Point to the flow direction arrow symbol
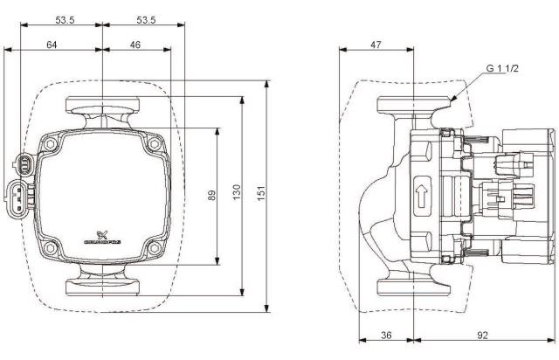[x=422, y=193]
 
